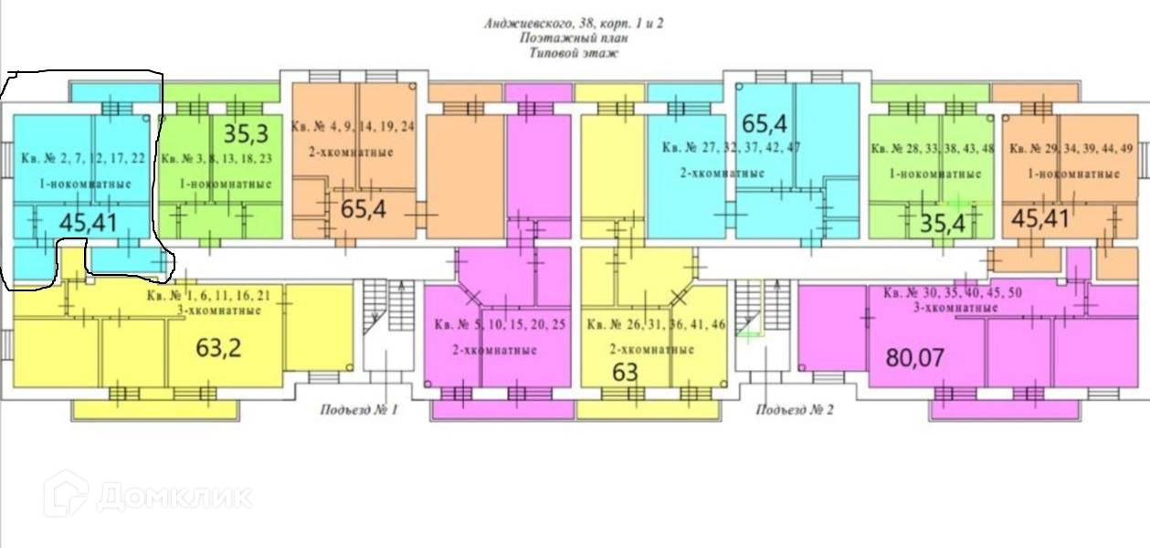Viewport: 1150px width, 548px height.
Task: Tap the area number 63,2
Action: (x=219, y=347)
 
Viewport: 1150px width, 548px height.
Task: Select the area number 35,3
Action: (x=246, y=135)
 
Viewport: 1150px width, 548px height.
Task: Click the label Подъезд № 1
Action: (x=359, y=410)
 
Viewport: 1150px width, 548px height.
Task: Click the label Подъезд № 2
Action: (x=795, y=410)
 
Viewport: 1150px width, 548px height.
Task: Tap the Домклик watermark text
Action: (x=174, y=496)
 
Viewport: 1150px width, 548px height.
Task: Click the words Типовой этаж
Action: (x=574, y=54)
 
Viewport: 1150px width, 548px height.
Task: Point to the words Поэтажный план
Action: (x=574, y=39)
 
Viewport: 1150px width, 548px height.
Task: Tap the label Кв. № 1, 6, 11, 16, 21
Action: (x=210, y=296)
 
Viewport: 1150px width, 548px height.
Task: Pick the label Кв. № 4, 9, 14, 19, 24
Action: (x=353, y=127)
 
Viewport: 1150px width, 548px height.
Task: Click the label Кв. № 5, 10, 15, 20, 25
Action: (x=501, y=325)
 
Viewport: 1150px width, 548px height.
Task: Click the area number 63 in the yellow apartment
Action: (x=625, y=372)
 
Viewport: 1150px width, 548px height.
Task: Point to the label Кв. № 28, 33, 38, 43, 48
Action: (x=932, y=149)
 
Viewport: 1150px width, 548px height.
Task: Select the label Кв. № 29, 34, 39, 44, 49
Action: (x=1074, y=149)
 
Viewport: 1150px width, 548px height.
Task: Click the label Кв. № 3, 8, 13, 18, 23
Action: (x=216, y=158)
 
